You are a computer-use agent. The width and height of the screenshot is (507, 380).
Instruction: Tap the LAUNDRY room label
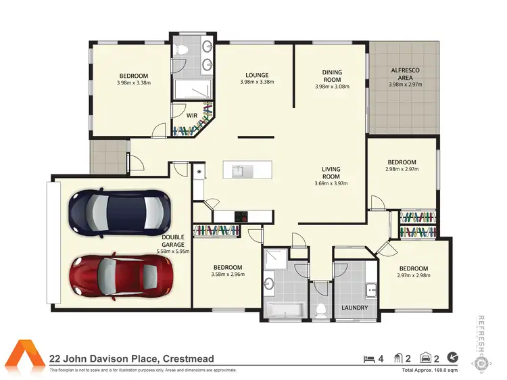coord(355,308)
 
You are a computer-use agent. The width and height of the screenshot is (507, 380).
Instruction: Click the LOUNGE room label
coord(257,75)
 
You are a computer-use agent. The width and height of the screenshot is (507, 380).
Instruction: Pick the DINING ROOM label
coord(332,76)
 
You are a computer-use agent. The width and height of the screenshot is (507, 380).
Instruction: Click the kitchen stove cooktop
coord(241,216)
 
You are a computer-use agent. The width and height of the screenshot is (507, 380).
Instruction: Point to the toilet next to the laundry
coord(322,309)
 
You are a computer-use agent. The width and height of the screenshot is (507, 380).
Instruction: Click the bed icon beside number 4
coord(368,358)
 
